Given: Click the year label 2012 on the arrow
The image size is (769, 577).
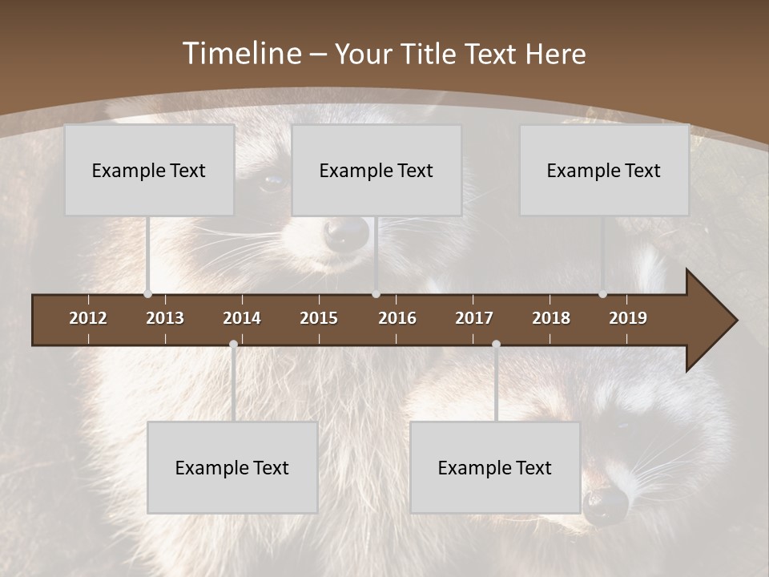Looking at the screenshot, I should point(88,318).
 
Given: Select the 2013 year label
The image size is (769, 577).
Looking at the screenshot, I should point(165,318).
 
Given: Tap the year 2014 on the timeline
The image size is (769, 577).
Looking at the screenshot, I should point(242,318).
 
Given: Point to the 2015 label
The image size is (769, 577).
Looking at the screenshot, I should point(319,318).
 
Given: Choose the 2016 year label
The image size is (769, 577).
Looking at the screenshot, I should point(397,318).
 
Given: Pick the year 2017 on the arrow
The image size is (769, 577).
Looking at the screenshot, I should point(474,318).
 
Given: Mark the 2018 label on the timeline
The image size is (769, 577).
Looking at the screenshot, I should point(551,318).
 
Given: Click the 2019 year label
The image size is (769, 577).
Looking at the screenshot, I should point(628,318).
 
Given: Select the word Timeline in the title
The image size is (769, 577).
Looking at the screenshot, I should point(241,54).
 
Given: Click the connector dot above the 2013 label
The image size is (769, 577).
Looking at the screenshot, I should point(147,294).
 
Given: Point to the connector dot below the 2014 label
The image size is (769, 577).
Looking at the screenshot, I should point(233,345).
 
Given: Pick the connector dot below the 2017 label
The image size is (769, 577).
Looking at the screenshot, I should point(496,345).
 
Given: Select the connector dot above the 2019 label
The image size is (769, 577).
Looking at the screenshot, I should point(602,294).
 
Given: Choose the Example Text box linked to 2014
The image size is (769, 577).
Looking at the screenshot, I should point(232,467).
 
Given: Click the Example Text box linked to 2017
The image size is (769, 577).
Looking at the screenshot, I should point(495,467).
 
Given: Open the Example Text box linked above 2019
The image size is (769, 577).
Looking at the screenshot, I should point(604,170).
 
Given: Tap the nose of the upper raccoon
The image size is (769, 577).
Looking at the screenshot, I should point(347,233).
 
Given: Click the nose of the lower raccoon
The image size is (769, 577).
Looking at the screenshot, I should point(606,506).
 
